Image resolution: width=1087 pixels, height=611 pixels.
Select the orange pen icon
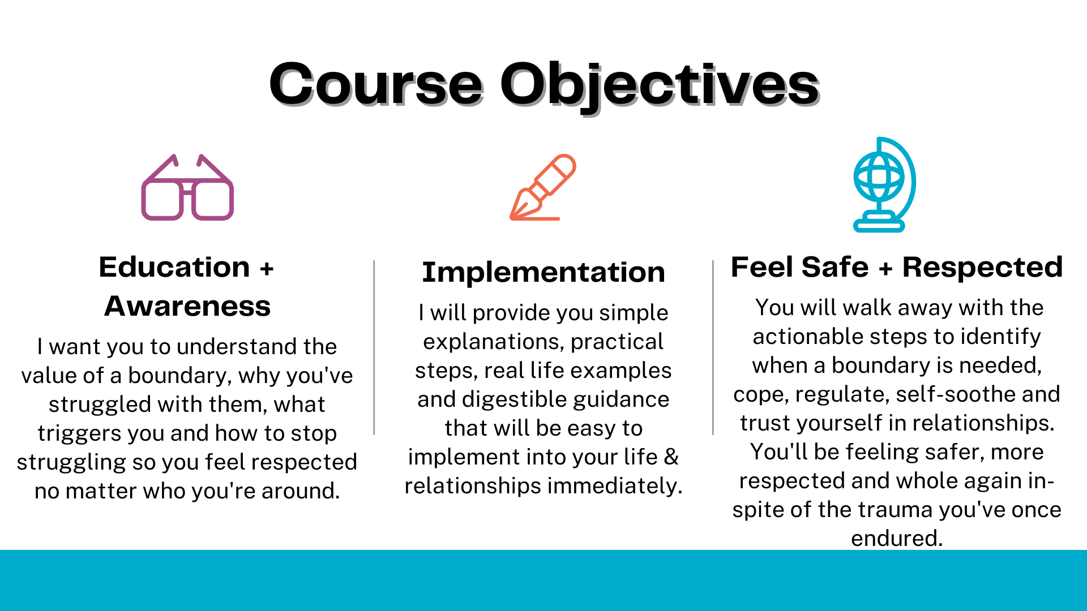[542, 187]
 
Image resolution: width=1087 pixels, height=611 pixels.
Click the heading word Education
[174, 267]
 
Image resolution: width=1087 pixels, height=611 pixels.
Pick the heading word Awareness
[187, 306]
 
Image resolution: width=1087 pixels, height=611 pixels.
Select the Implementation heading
[543, 273]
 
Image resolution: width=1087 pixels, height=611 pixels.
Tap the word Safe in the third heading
[834, 267]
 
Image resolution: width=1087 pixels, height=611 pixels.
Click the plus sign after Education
[267, 268]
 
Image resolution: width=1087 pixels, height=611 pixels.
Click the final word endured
[897, 538]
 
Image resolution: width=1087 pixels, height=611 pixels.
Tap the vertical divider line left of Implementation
[374, 347]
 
